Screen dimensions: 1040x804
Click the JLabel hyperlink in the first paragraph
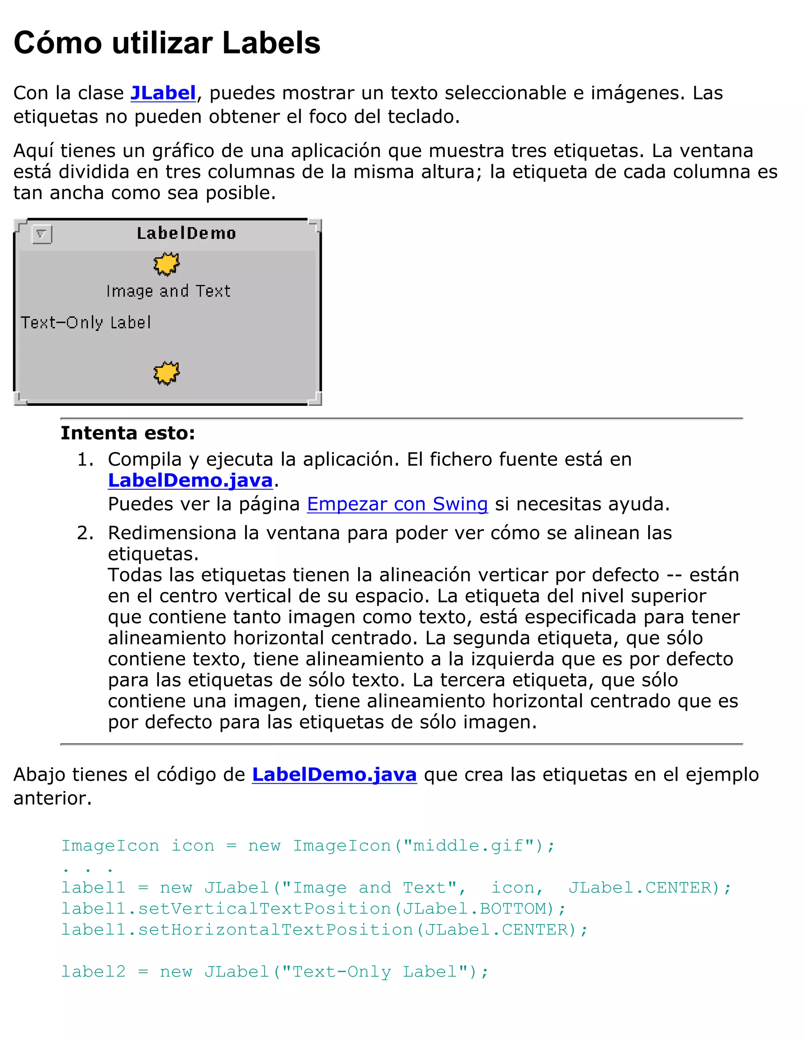[x=163, y=93]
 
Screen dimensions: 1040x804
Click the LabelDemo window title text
[x=186, y=234]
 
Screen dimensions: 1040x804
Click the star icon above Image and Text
[x=166, y=264]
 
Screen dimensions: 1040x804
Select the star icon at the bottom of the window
[x=166, y=373]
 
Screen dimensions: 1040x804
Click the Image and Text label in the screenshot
[x=168, y=291]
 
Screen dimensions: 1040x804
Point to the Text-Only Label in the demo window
[x=86, y=323]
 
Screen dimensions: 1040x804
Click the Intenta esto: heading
[x=128, y=433]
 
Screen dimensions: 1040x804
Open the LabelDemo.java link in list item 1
[x=190, y=480]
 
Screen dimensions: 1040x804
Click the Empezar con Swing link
[x=397, y=504]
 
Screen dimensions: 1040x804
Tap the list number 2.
[x=85, y=533]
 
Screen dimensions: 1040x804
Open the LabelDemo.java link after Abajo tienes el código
[x=334, y=775]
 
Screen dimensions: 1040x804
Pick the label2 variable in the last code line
[x=93, y=971]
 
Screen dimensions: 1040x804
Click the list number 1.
[x=85, y=460]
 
